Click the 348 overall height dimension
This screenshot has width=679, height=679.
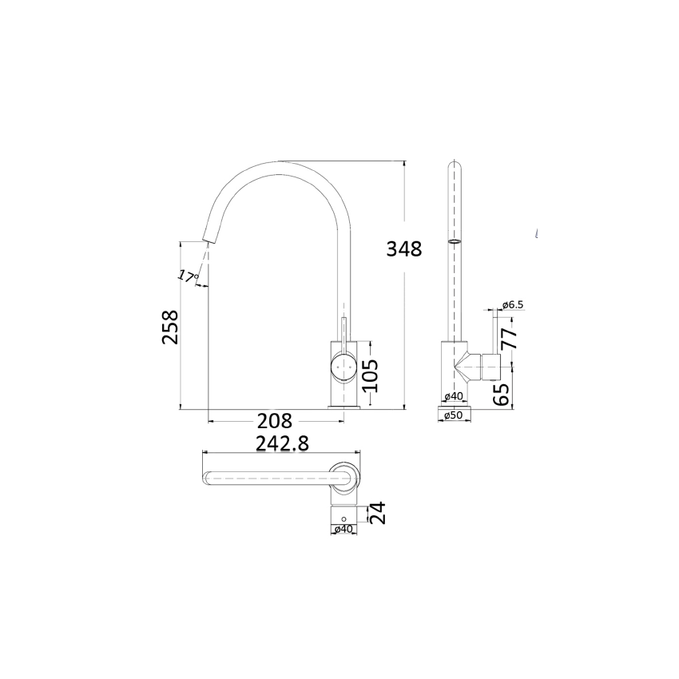click(x=403, y=248)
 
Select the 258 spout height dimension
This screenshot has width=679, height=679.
click(x=170, y=327)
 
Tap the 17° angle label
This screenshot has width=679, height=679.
click(x=187, y=276)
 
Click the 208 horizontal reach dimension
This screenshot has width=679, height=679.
click(x=274, y=420)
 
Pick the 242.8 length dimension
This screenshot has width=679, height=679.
click(x=281, y=443)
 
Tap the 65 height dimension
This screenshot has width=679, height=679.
click(x=502, y=394)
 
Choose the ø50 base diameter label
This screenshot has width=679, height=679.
click(x=454, y=415)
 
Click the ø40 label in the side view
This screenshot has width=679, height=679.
click(x=454, y=396)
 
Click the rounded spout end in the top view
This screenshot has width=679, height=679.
click(x=206, y=478)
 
